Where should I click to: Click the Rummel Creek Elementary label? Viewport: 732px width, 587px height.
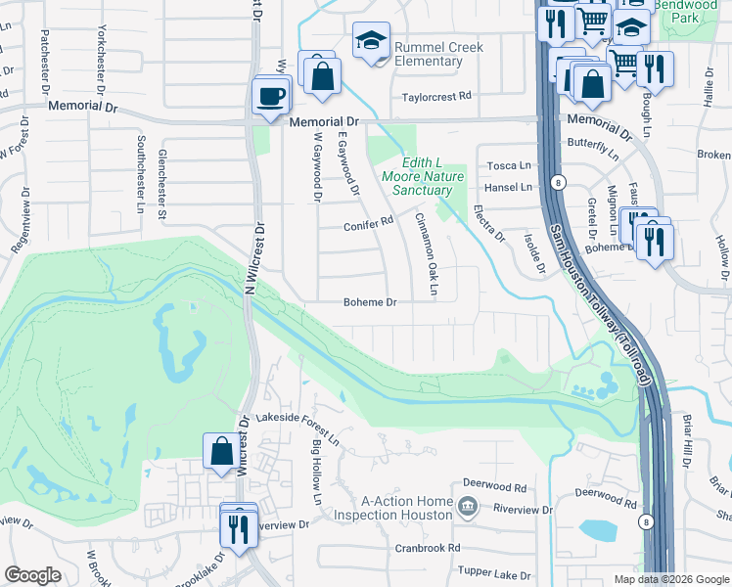(x=428, y=54)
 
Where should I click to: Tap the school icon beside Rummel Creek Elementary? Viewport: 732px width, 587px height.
(x=371, y=41)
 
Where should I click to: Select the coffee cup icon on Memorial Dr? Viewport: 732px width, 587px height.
(x=272, y=95)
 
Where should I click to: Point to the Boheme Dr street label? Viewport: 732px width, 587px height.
(x=370, y=303)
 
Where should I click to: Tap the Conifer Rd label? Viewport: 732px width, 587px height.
(x=367, y=224)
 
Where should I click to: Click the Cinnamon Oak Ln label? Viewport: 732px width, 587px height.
(x=427, y=254)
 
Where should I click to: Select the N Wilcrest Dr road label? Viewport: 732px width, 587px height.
(x=255, y=259)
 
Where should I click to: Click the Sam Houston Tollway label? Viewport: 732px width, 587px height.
(x=598, y=303)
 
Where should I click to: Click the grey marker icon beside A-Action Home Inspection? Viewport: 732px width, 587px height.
(x=468, y=506)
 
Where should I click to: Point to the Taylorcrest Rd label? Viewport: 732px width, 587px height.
(x=437, y=97)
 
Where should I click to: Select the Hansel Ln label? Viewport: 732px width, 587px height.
(x=509, y=187)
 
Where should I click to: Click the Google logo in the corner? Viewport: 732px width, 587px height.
(x=32, y=575)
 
